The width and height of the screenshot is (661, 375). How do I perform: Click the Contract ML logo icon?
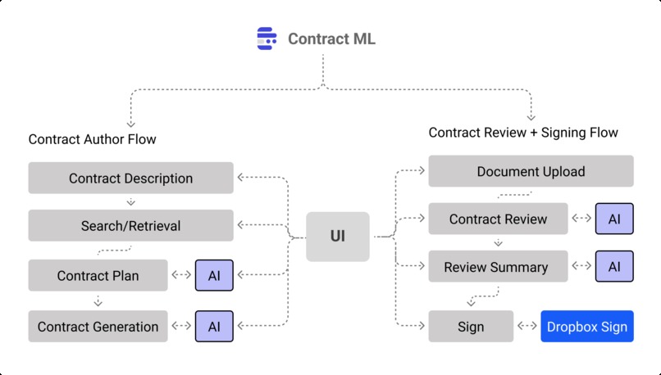267,38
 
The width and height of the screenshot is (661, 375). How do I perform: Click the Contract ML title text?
331,38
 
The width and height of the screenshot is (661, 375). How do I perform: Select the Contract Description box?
130,178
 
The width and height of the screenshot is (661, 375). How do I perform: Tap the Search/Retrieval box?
130,226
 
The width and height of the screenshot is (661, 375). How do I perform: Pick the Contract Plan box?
98,276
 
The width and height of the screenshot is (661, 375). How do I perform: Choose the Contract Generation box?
98,327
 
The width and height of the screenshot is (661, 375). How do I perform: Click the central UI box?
337,237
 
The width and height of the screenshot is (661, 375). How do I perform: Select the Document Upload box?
531,172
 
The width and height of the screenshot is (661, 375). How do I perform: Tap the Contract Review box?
498,219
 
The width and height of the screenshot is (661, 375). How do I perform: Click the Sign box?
471,327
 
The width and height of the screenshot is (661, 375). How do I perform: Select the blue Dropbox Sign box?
587,327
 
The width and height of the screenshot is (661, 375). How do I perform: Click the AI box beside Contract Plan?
214,276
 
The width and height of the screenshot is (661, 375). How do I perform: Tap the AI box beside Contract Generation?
214,327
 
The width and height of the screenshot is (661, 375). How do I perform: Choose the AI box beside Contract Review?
614,219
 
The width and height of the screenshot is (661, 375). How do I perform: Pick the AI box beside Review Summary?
614,267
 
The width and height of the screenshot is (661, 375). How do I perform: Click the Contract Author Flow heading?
92,139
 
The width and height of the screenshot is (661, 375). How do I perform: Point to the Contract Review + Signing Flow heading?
523,133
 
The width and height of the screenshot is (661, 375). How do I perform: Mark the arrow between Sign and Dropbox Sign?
527,327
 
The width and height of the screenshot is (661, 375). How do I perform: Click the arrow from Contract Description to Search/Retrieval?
130,201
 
